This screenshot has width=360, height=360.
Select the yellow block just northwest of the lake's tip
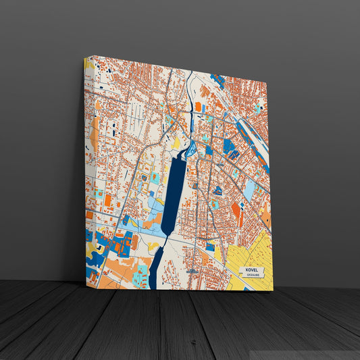(176, 143)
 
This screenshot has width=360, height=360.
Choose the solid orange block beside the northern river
(199, 106)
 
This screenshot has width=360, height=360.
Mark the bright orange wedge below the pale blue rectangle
(236, 211)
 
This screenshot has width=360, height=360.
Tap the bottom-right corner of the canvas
(274, 290)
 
